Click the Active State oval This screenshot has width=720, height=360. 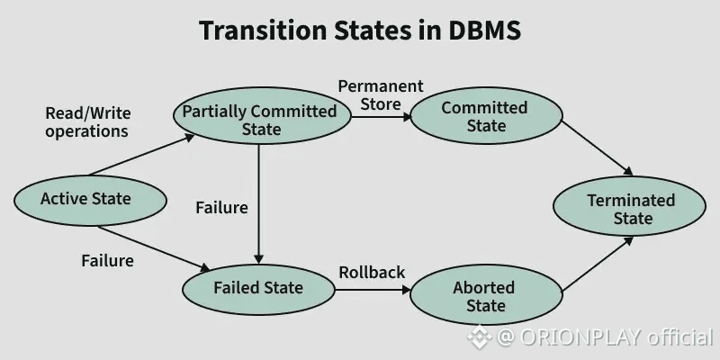(x=90, y=200)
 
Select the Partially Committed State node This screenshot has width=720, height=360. (x=262, y=116)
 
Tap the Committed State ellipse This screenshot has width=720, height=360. (x=486, y=116)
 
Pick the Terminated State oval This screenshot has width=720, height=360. (x=629, y=206)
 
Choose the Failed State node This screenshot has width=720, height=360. (x=258, y=289)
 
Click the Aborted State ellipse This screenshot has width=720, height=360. (x=486, y=295)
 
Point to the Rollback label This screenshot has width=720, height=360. (x=372, y=273)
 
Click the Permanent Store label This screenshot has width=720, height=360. (x=381, y=95)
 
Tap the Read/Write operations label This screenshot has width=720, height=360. (x=87, y=122)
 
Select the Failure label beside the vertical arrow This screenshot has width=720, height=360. (x=221, y=208)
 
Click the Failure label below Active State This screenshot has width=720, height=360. (x=107, y=261)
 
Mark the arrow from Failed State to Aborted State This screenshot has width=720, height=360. (x=373, y=290)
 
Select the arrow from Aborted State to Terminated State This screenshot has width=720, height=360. (x=598, y=264)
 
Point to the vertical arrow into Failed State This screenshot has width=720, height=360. (x=259, y=205)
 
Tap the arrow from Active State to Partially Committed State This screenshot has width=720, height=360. (x=141, y=155)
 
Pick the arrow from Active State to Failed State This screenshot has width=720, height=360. (x=154, y=248)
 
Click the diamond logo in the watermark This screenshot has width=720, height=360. (x=479, y=337)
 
